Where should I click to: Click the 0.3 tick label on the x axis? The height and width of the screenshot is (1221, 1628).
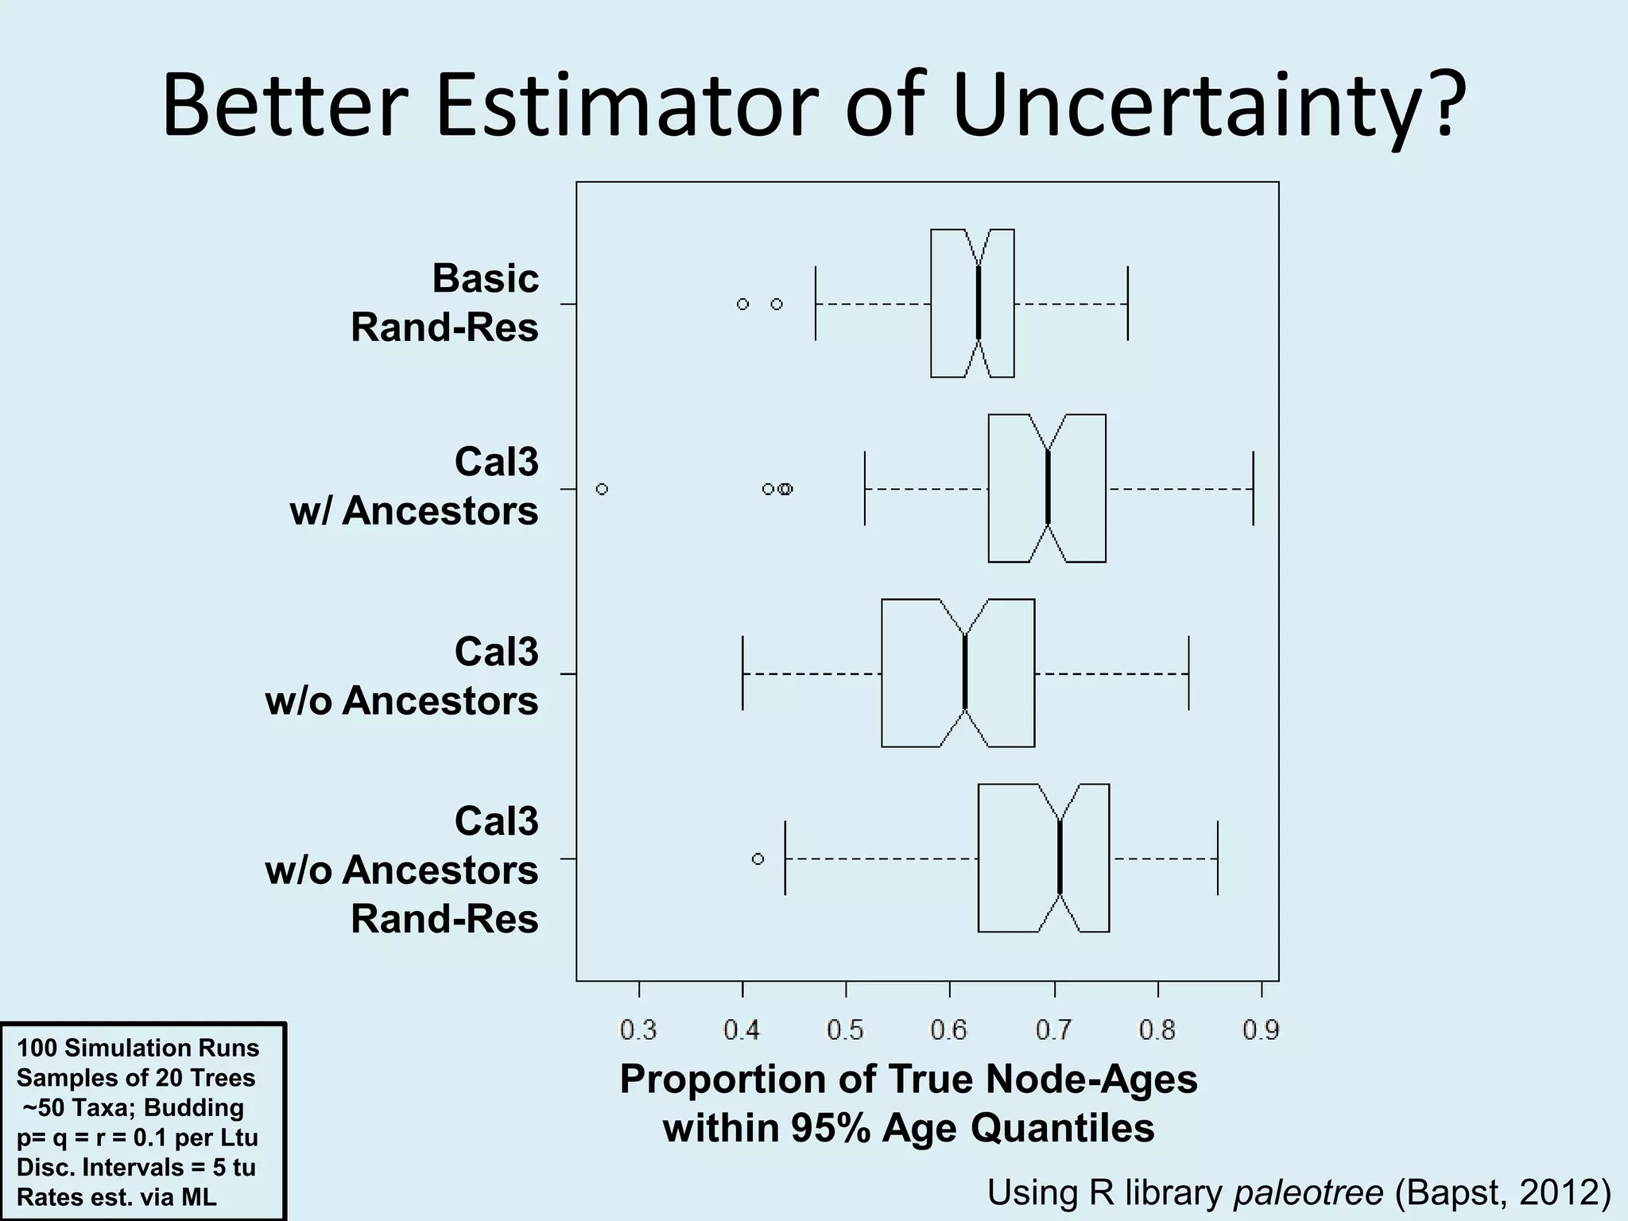[x=638, y=1031]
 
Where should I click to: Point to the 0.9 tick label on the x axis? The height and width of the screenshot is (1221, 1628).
[x=1261, y=1031]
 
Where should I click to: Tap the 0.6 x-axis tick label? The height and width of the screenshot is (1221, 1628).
[x=949, y=1031]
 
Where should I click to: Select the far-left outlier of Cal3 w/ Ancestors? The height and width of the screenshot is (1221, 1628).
[x=602, y=489]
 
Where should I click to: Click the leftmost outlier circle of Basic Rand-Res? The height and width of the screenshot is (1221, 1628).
[x=742, y=304]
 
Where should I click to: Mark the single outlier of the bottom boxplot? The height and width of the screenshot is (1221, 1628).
[x=758, y=859]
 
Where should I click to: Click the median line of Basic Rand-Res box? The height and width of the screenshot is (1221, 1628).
[x=979, y=304]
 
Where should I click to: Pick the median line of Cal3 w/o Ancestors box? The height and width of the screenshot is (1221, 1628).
[x=965, y=673]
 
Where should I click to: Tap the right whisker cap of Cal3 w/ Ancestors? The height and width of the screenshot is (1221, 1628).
[x=1253, y=488]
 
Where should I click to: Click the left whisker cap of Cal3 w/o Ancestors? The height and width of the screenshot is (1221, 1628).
[x=742, y=673]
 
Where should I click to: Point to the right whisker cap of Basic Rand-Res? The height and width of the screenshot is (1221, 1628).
[x=1128, y=304]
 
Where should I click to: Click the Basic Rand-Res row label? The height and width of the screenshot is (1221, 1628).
[x=445, y=303]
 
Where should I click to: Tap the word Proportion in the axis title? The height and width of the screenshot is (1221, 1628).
[x=748, y=1080]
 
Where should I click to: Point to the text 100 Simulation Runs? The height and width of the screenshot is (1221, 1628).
[x=138, y=1048]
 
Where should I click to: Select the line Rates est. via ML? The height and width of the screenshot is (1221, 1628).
[x=117, y=1196]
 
